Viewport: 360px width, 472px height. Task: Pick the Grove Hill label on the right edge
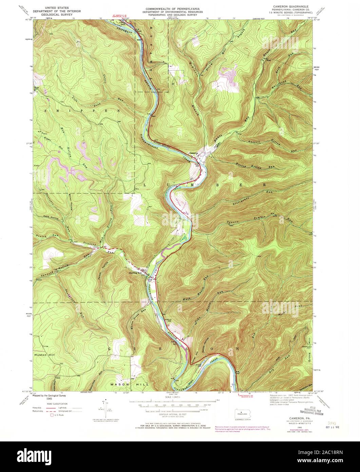point(309,353)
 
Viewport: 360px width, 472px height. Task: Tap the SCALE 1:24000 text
point(172,397)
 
